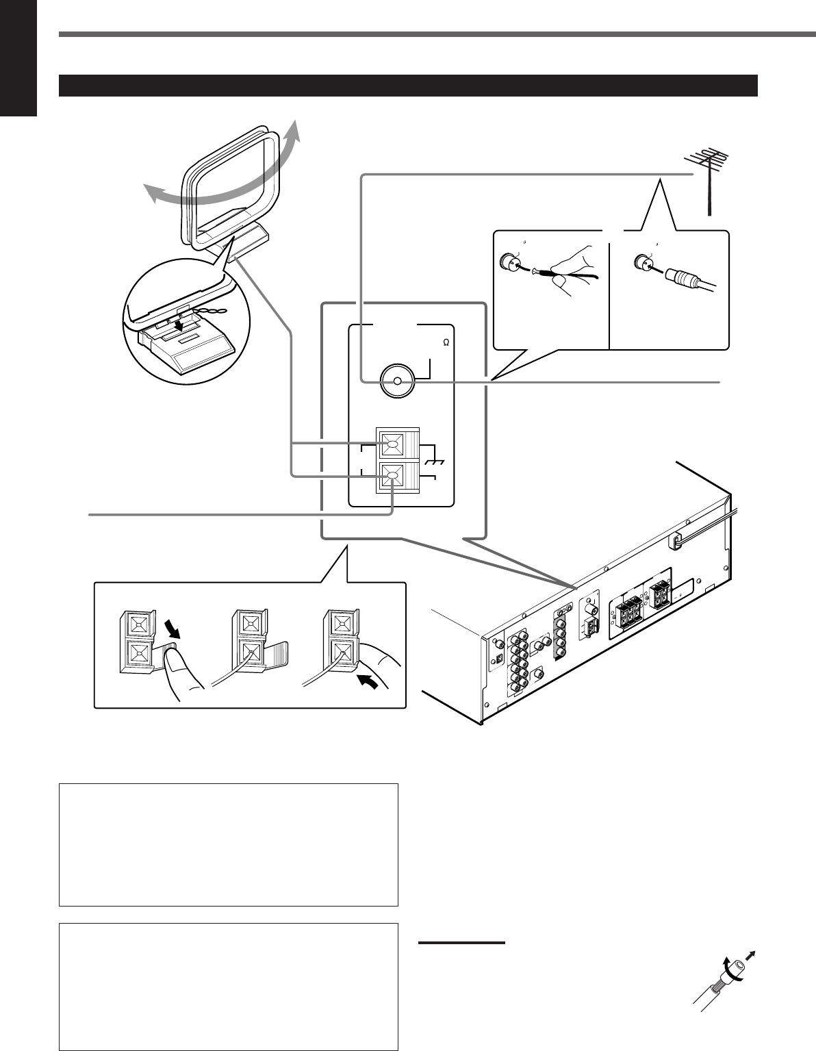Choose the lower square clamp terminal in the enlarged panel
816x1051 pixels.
point(392,476)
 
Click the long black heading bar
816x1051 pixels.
point(409,86)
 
